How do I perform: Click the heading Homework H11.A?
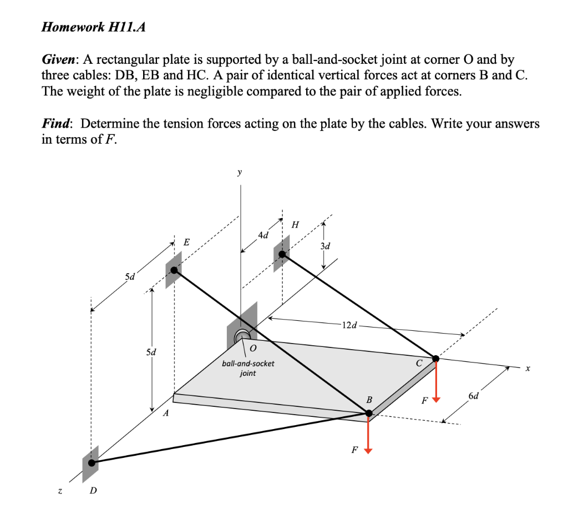(x=94, y=28)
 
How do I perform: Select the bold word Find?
(x=57, y=124)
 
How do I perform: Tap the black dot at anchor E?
(x=175, y=270)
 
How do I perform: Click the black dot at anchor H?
(x=282, y=254)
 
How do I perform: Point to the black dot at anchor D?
(x=91, y=462)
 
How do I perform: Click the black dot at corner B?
(x=368, y=412)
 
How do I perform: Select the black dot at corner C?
(x=436, y=359)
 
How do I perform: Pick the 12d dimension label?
(x=350, y=324)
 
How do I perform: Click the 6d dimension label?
(x=474, y=396)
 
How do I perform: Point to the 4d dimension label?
(x=264, y=235)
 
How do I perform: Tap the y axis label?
(x=240, y=173)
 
